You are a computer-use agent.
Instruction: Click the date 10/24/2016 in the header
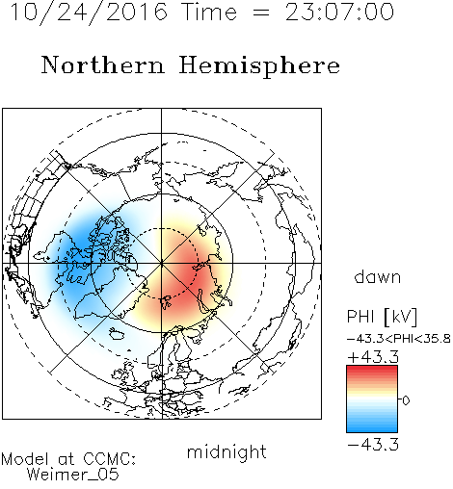pos(89,13)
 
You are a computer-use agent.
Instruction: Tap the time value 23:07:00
pos(339,13)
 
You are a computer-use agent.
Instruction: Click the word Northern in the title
pos(102,64)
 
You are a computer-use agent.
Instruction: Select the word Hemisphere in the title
pos(259,66)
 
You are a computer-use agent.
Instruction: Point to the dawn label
pos(378,276)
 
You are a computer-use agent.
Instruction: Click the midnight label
pos(226,451)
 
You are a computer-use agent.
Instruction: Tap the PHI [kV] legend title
pos(382,317)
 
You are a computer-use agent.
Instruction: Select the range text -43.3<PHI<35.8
pos(399,339)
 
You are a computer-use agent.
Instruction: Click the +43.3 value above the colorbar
pos(373,357)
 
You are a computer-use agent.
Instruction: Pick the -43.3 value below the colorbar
pos(373,445)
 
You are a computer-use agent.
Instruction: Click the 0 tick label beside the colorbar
pos(406,400)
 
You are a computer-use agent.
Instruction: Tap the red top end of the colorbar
pos(372,369)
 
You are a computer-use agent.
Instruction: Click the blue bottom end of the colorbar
pos(372,429)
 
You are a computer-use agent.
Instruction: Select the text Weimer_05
pos(73,475)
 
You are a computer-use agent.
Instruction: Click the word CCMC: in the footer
pos(110,459)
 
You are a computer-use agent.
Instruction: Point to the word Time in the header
pos(209,13)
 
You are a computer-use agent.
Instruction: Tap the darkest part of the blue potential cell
pos(80,248)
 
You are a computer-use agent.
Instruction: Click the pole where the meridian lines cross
pos(162,263)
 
